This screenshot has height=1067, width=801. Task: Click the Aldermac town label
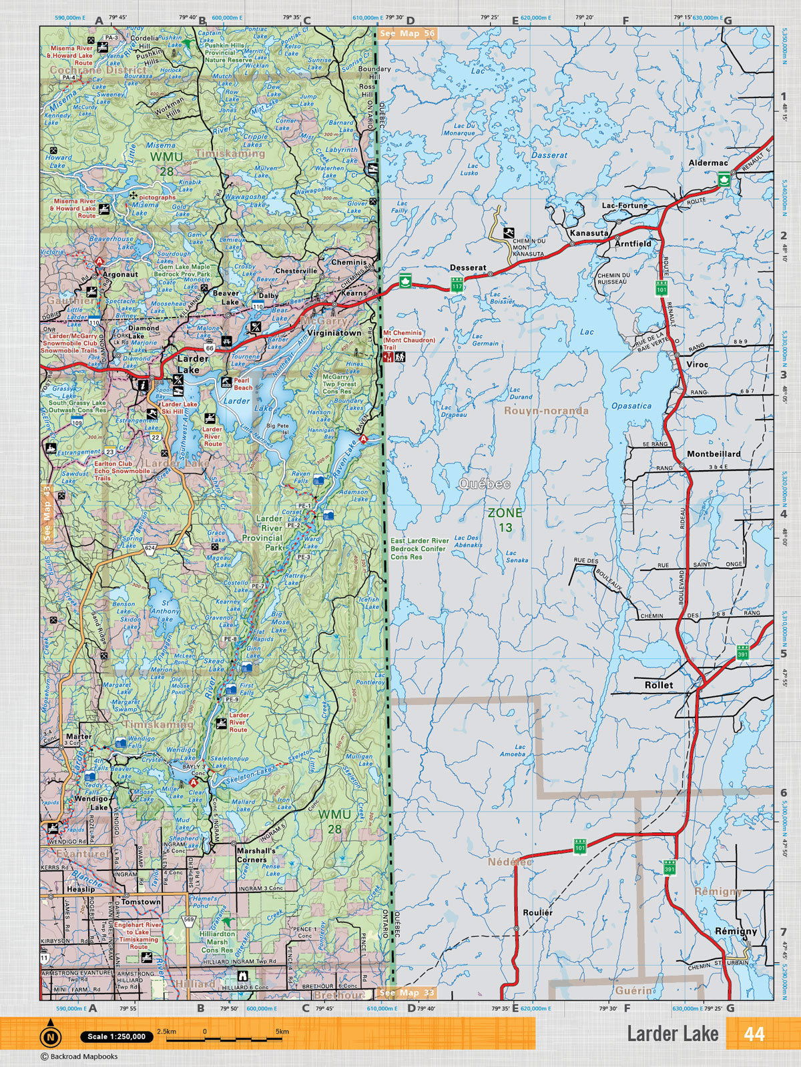pyautogui.click(x=708, y=163)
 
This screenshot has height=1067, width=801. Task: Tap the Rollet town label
pyautogui.click(x=659, y=685)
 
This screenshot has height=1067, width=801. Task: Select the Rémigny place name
pyautogui.click(x=736, y=931)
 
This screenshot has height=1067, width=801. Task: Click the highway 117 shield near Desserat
pyautogui.click(x=457, y=285)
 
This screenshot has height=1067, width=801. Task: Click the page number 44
pyautogui.click(x=754, y=1034)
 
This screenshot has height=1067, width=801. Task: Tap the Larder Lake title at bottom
pyautogui.click(x=672, y=1034)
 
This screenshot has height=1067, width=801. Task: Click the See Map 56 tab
pyautogui.click(x=406, y=33)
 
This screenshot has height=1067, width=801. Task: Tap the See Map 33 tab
pyautogui.click(x=406, y=993)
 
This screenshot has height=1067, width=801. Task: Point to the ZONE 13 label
pyautogui.click(x=505, y=519)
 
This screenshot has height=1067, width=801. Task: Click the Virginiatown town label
pyautogui.click(x=334, y=333)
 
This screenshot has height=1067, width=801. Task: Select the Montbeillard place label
pyautogui.click(x=714, y=454)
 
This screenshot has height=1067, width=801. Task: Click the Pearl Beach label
pyautogui.click(x=242, y=384)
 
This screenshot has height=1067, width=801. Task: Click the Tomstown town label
pyautogui.click(x=140, y=902)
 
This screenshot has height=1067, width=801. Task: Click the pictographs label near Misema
pyautogui.click(x=158, y=197)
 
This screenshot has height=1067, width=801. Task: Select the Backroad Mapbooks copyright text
pyautogui.click(x=79, y=1056)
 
